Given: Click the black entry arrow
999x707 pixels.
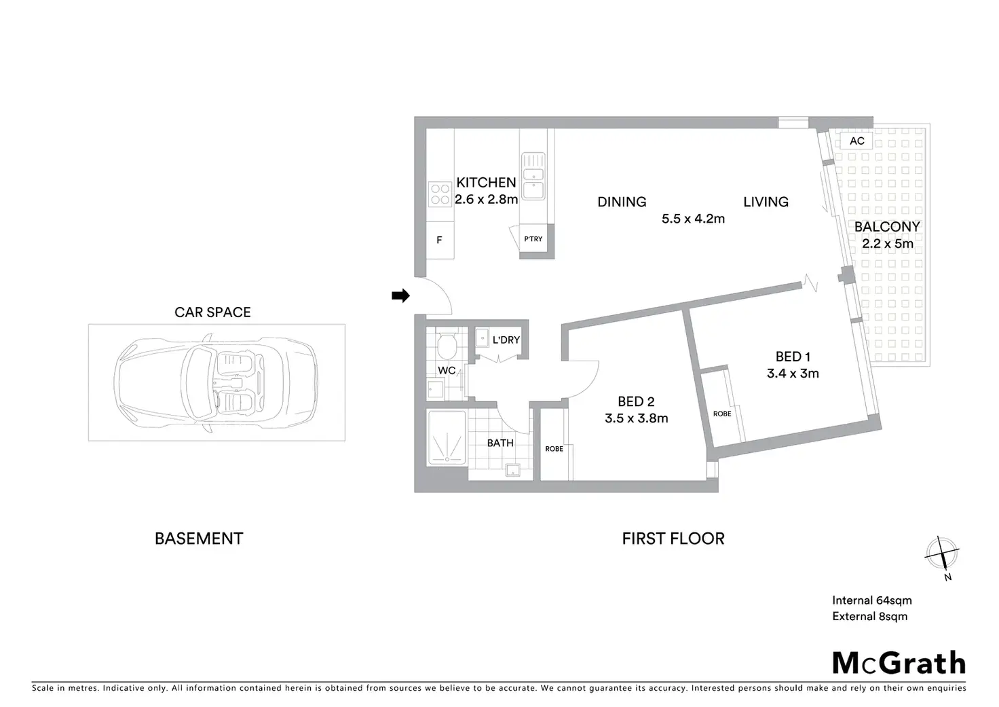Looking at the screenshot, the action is (400, 295).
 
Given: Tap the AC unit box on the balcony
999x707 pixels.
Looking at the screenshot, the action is (856, 141).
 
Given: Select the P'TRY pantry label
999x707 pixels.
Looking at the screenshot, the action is (533, 238).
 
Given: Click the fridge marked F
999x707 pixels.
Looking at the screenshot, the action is (440, 240).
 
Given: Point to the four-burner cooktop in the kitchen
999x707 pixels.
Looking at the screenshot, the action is (440, 194).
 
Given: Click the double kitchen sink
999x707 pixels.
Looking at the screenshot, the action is (533, 176).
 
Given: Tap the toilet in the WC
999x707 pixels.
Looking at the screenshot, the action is (447, 346).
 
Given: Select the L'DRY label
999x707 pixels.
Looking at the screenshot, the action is (506, 340).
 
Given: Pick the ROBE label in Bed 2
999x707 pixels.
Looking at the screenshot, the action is (554, 449).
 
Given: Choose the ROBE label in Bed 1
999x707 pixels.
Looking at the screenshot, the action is (722, 414).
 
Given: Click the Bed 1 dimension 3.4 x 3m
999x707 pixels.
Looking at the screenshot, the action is (793, 373).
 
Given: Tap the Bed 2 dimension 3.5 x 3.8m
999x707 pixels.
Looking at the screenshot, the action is (636, 418).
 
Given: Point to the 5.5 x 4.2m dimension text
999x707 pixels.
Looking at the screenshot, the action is (693, 219).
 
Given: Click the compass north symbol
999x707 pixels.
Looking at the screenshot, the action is (942, 554).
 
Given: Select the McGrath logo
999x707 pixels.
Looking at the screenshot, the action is (899, 662).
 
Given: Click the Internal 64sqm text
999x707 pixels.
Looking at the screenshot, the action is (872, 600).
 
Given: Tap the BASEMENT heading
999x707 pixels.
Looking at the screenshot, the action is (199, 539).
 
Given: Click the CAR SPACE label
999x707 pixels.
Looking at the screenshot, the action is (212, 312).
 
